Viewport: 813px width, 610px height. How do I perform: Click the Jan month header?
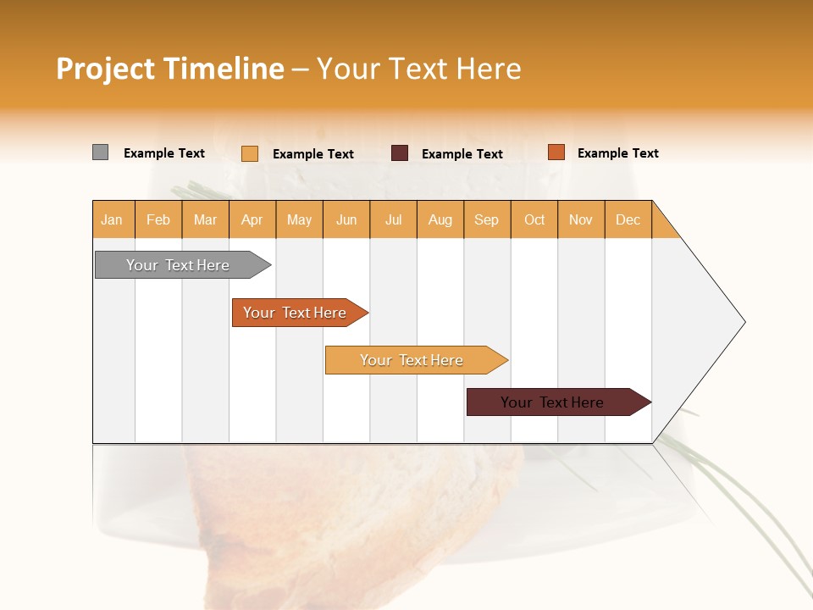(113, 219)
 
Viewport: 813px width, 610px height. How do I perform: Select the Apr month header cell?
(252, 219)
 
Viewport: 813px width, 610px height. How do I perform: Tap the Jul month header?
(393, 219)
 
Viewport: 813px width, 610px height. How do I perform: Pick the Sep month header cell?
(487, 219)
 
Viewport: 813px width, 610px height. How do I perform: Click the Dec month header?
(628, 219)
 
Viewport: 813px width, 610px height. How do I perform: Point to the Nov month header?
(581, 219)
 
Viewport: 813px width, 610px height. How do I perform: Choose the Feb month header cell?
(158, 219)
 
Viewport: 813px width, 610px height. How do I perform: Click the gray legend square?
(100, 152)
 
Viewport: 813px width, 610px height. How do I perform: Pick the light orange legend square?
(250, 153)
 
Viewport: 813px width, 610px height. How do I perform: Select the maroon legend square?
(400, 153)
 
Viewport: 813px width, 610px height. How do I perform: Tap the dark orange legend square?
(556, 152)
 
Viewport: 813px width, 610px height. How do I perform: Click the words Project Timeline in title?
(169, 69)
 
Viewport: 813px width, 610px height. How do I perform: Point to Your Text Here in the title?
(418, 69)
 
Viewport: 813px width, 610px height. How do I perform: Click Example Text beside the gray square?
(164, 153)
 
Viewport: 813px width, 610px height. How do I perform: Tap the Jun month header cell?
(346, 219)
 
